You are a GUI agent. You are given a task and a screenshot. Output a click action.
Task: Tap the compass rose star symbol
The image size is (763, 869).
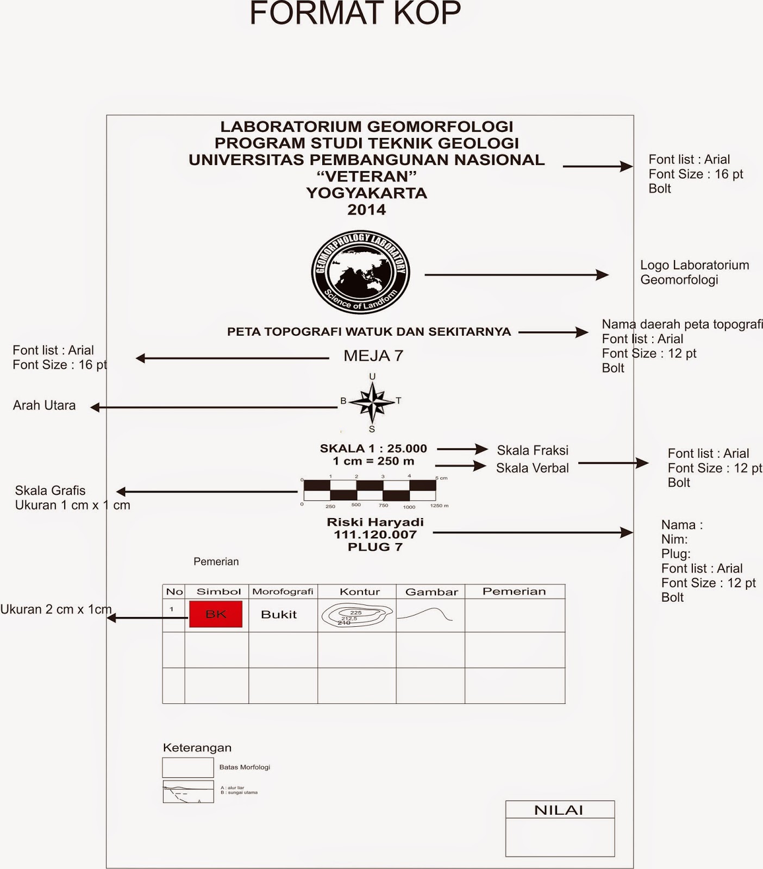tap(372, 402)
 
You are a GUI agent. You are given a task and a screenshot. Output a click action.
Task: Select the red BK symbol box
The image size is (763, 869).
tap(216, 614)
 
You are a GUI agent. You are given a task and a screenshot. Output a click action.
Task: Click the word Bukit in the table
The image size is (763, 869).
tap(279, 614)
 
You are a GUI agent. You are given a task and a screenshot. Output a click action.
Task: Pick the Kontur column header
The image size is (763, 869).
tap(359, 591)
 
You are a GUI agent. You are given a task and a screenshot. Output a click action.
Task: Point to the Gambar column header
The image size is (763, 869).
tap(431, 591)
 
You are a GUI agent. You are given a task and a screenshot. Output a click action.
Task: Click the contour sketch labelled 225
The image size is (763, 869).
tap(357, 615)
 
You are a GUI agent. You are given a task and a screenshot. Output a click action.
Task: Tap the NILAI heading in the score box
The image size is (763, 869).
tap(559, 810)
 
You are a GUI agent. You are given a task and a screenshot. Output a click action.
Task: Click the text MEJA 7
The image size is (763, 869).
tap(373, 356)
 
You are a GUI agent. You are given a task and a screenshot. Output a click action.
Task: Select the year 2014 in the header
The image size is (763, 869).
tap(367, 210)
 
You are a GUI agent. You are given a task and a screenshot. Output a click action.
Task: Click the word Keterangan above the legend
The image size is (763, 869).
tap(197, 748)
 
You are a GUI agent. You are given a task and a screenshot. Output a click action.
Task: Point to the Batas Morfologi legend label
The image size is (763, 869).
tap(245, 767)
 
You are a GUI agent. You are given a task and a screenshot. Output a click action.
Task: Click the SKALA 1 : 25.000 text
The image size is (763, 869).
tap(373, 449)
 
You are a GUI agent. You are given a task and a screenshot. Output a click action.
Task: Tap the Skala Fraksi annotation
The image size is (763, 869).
tap(533, 450)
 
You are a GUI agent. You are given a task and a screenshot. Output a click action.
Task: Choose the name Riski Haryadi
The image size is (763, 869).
tap(375, 522)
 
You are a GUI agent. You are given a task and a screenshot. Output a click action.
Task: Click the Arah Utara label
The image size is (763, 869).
tap(44, 406)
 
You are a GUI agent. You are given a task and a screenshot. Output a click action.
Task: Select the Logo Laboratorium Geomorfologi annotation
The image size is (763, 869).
tap(694, 272)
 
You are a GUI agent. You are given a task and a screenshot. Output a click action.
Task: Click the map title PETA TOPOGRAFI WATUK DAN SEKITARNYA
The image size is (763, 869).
tap(369, 332)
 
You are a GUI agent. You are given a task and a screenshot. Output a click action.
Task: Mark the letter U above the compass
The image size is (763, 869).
tap(372, 376)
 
